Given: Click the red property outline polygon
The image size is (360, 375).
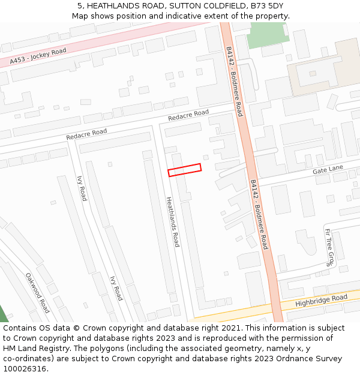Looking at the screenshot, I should (x=184, y=170).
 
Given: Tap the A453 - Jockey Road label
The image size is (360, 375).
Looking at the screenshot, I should (x=38, y=57).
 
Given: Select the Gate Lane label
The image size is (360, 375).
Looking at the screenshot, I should (x=328, y=170).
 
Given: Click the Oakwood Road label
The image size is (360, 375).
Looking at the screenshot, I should (x=37, y=293).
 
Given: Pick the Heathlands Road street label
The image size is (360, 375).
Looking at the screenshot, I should (x=172, y=221).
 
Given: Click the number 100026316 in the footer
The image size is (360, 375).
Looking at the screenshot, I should (x=25, y=368).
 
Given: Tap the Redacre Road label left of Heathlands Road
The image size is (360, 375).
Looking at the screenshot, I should (x=86, y=134).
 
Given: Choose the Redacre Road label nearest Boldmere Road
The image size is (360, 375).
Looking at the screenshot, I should (x=188, y=115).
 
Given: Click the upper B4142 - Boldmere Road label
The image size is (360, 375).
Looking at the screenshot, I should (x=234, y=81).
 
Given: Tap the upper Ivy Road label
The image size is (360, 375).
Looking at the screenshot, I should (x=82, y=188).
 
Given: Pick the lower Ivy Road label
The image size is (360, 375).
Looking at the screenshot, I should (x=116, y=288).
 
